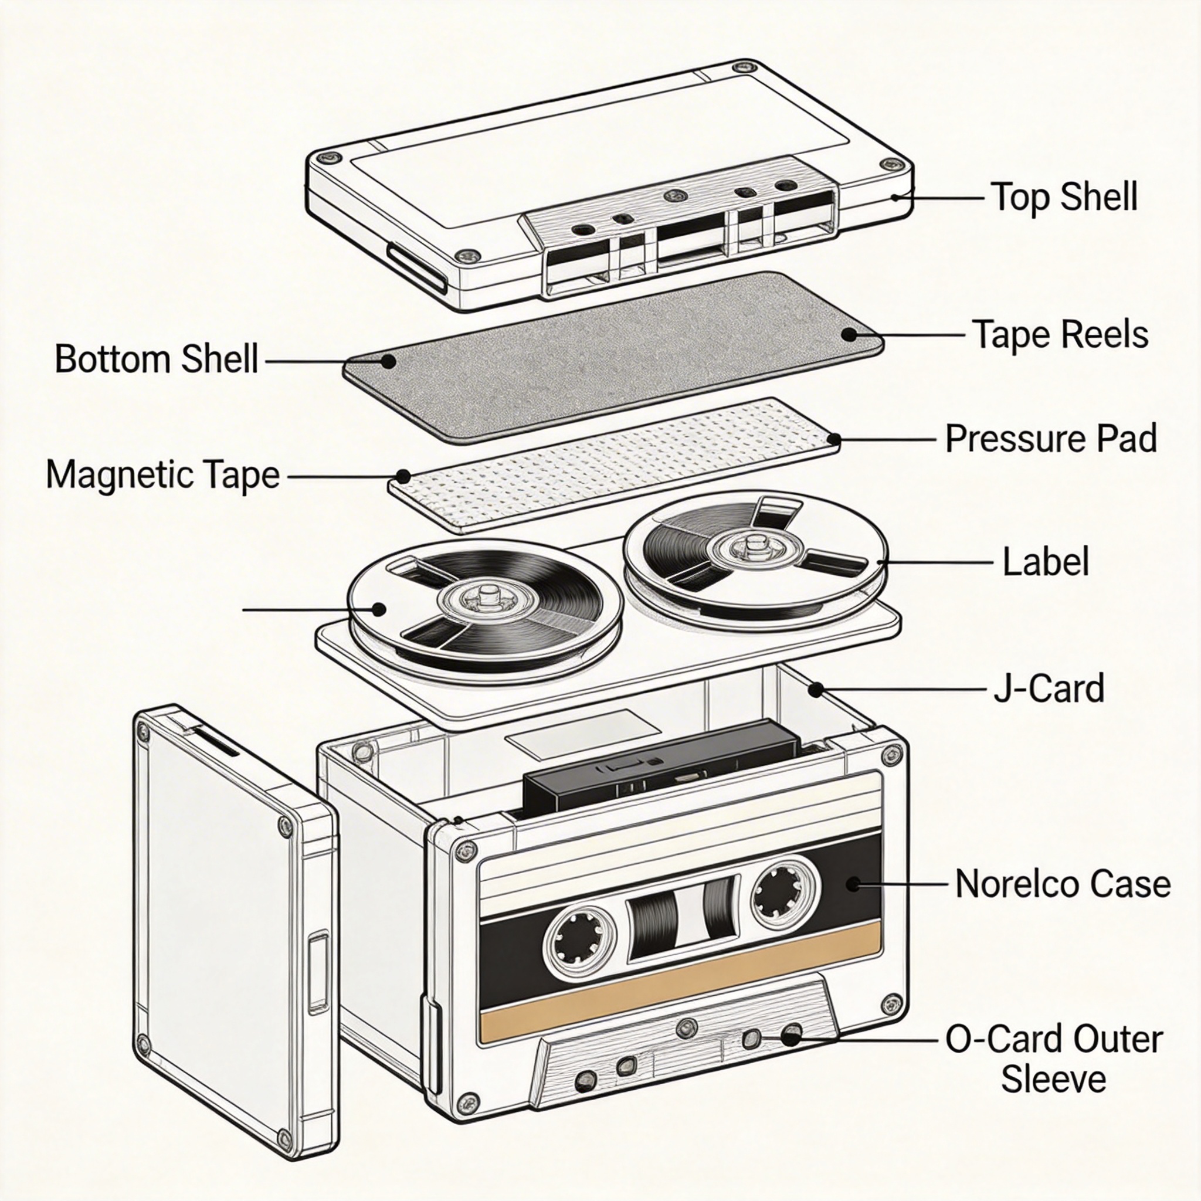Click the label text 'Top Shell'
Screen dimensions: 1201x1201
pyautogui.click(x=1064, y=197)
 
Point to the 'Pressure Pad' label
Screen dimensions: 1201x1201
pyautogui.click(x=1050, y=438)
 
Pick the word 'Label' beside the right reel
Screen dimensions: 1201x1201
pyautogui.click(x=1046, y=561)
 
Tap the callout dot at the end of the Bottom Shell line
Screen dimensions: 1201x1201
pyautogui.click(x=389, y=361)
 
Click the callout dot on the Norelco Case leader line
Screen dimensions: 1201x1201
pyautogui.click(x=853, y=883)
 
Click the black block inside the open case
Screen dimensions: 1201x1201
pyautogui.click(x=659, y=768)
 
